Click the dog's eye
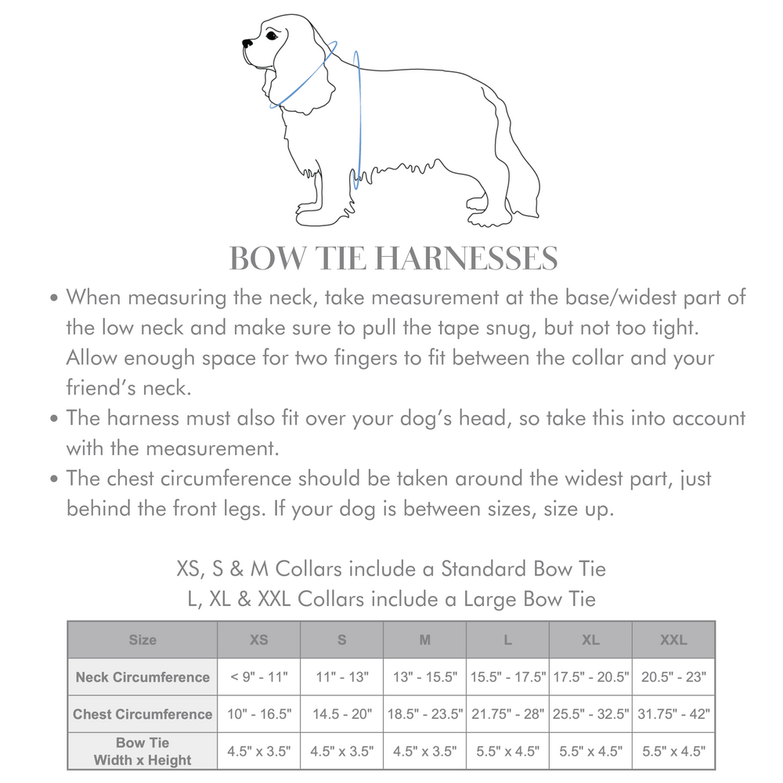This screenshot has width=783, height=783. pyautogui.click(x=271, y=35)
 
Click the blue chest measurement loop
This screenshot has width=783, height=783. pyautogui.click(x=358, y=117)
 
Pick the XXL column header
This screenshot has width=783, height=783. pyautogui.click(x=673, y=640)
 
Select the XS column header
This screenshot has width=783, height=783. pyautogui.click(x=258, y=640)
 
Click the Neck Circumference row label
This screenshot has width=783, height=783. pyautogui.click(x=143, y=677)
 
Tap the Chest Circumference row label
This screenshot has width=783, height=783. pyautogui.click(x=143, y=714)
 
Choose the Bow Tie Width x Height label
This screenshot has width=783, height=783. pyautogui.click(x=143, y=751)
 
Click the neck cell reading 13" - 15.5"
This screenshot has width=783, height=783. pyautogui.click(x=424, y=677)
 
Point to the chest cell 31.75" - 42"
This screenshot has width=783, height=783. pyautogui.click(x=673, y=714)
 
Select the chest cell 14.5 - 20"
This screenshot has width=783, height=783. pyautogui.click(x=341, y=714)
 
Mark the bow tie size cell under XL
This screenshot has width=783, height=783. pyautogui.click(x=590, y=752)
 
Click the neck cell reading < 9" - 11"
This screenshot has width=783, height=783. pyautogui.click(x=258, y=677)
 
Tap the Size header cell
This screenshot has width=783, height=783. pyautogui.click(x=143, y=640)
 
